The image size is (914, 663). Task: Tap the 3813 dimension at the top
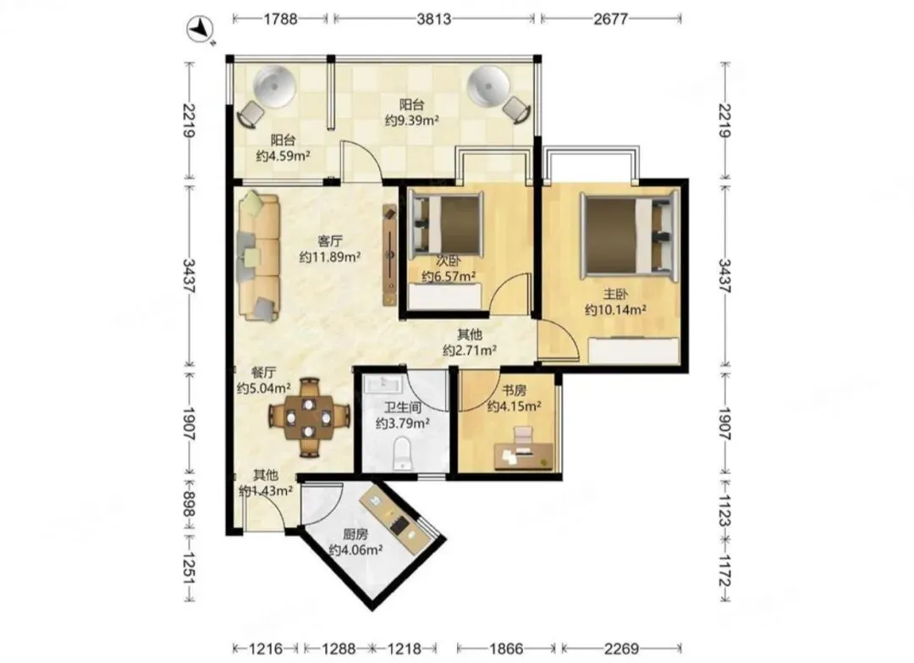pos(433,19)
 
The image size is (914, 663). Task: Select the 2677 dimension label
pos(610,19)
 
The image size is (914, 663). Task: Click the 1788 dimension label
pos(280,19)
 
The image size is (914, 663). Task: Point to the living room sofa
pos(259,257)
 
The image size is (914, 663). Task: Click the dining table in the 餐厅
pos(310,417)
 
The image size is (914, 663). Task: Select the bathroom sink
pos(383,384)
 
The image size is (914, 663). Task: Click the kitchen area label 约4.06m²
pos(355,550)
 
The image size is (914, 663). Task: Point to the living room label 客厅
pos(330,240)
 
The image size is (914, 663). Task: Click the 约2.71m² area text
pos(469,351)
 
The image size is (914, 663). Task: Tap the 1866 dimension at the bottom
pos(506,648)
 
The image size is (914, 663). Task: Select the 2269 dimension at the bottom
pos(621,648)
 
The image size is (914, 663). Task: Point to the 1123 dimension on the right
pos(724,510)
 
